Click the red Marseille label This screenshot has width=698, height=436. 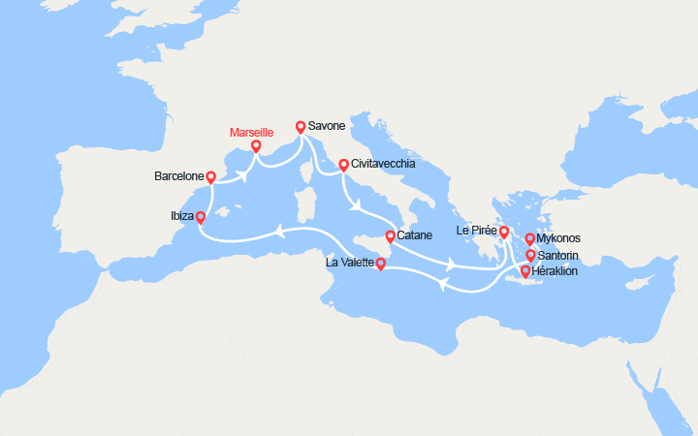251,132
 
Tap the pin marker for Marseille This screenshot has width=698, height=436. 256,146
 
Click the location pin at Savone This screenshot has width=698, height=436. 301,126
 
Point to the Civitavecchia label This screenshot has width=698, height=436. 384,164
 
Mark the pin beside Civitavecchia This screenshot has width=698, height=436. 343,165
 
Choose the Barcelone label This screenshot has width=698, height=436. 178,177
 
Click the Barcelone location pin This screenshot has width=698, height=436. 211,177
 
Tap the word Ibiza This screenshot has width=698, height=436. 180,218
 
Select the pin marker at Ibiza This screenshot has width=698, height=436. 201,218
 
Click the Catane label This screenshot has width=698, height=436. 414,236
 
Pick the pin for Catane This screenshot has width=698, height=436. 390,236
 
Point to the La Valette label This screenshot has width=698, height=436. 351,263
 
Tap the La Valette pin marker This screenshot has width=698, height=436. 381,263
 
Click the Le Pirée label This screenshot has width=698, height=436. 476,232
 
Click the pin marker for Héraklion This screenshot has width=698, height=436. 525,271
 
